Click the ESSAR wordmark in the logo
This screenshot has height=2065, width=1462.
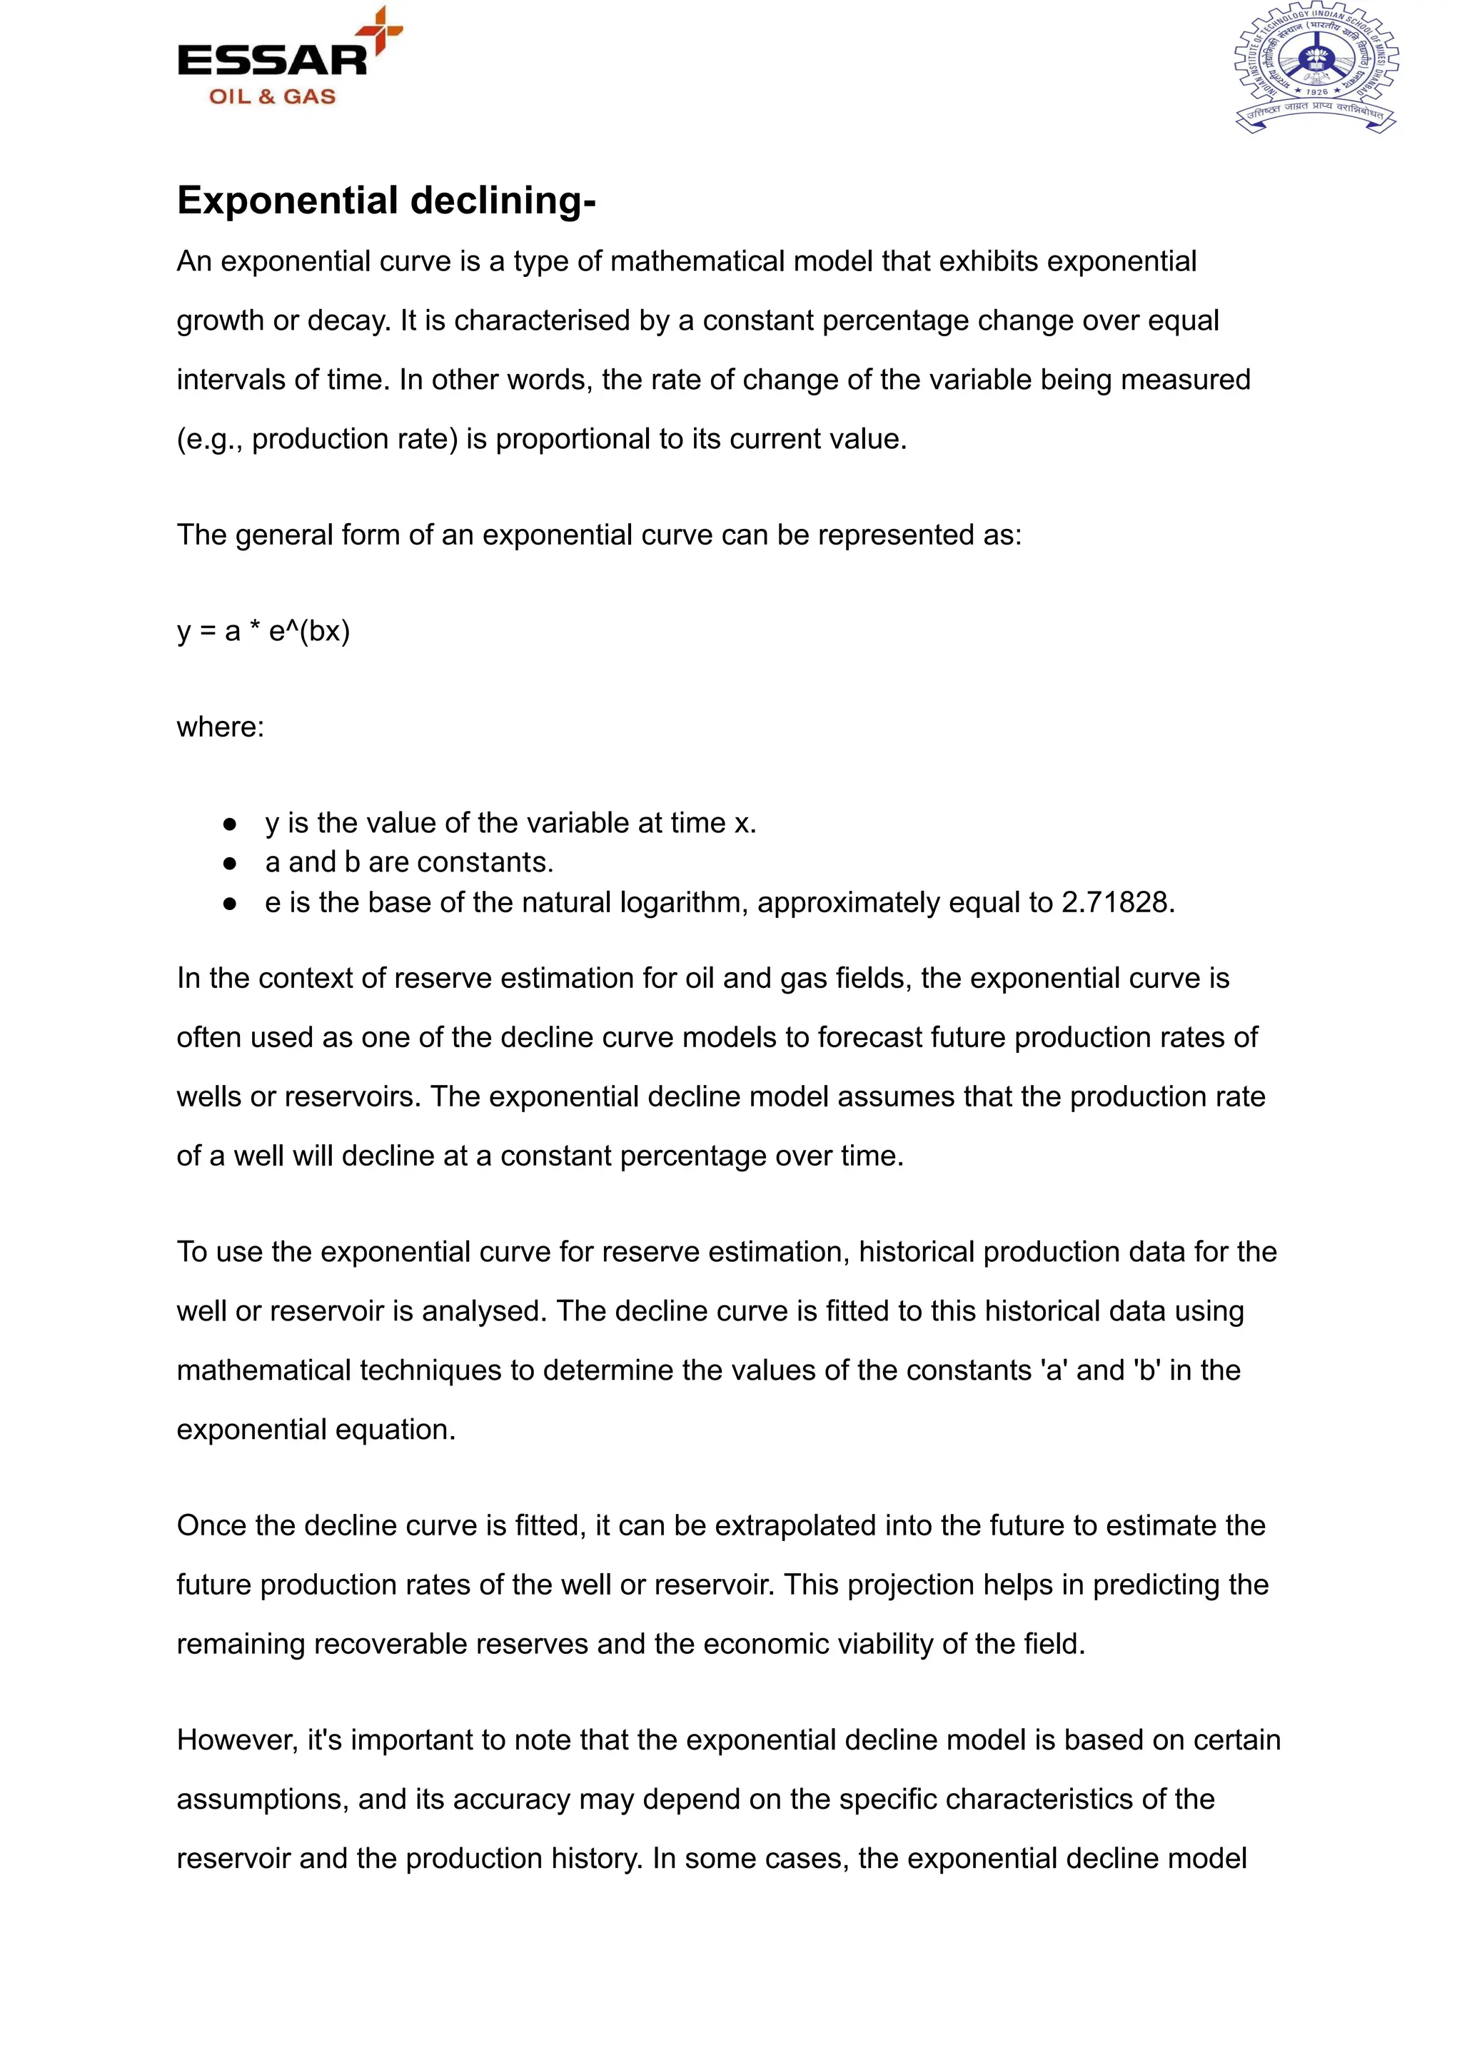[272, 61]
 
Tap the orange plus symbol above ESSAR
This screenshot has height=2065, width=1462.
[380, 30]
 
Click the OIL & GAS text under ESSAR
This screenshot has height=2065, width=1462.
[272, 96]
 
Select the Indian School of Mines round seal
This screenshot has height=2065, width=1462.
[1315, 69]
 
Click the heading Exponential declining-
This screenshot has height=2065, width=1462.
[386, 200]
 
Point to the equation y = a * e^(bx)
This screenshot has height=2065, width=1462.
[263, 631]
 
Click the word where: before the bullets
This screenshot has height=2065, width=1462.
[221, 727]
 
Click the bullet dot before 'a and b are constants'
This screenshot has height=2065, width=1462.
[230, 863]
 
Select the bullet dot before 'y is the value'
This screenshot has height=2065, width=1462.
[230, 824]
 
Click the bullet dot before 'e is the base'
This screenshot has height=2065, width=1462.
[230, 903]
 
